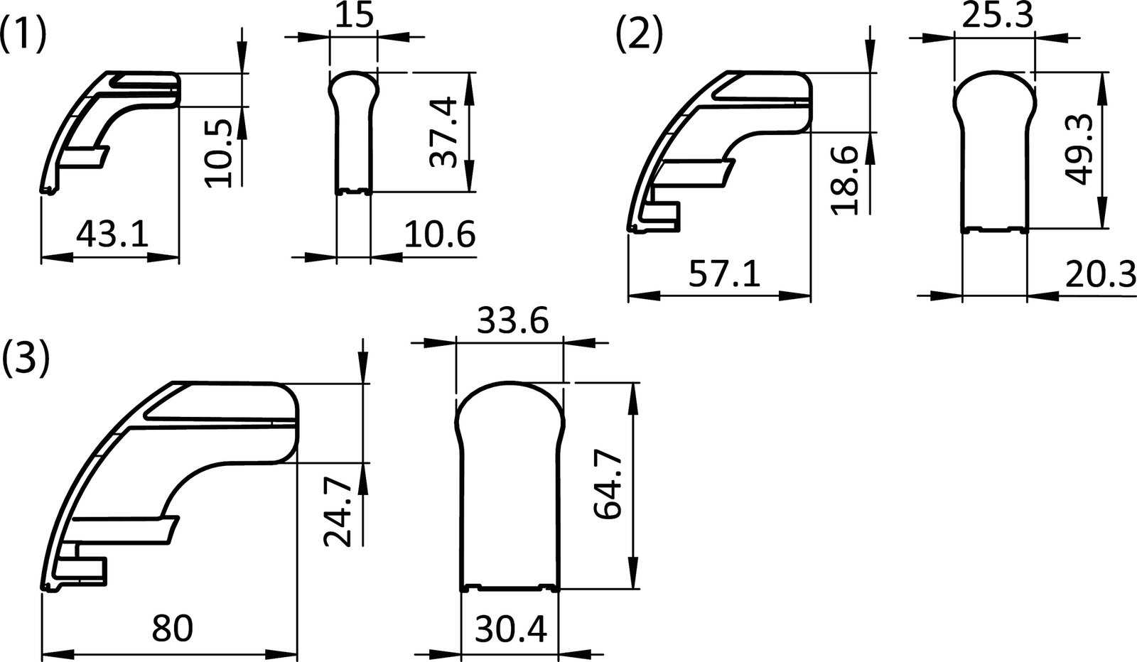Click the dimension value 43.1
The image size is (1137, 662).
point(112,234)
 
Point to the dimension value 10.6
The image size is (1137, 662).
point(440,234)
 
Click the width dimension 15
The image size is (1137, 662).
point(353,16)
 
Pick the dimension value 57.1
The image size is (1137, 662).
point(725,273)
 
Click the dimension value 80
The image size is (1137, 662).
point(173,628)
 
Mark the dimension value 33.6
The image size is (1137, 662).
point(512,322)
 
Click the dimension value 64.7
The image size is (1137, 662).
point(608,486)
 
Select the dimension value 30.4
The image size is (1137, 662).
point(512,629)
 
